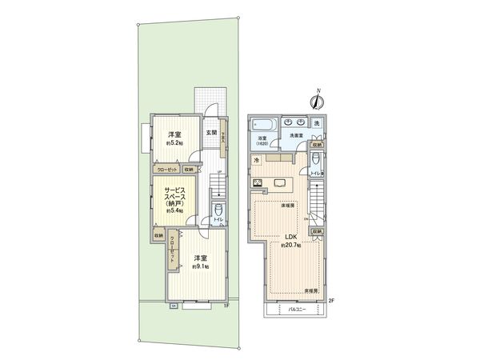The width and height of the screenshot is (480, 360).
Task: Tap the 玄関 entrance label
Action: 210,132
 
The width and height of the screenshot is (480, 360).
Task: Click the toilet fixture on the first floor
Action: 218,213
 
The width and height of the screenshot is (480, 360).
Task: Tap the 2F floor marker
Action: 330,301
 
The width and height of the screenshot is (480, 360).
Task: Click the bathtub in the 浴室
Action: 262,124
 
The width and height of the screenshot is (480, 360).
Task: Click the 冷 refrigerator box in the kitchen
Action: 256,162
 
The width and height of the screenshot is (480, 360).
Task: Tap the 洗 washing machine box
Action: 317,122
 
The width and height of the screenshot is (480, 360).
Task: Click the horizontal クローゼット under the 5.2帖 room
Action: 167,170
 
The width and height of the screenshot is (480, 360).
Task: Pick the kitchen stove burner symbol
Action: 258,183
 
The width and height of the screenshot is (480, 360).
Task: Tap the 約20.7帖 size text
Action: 289,244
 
